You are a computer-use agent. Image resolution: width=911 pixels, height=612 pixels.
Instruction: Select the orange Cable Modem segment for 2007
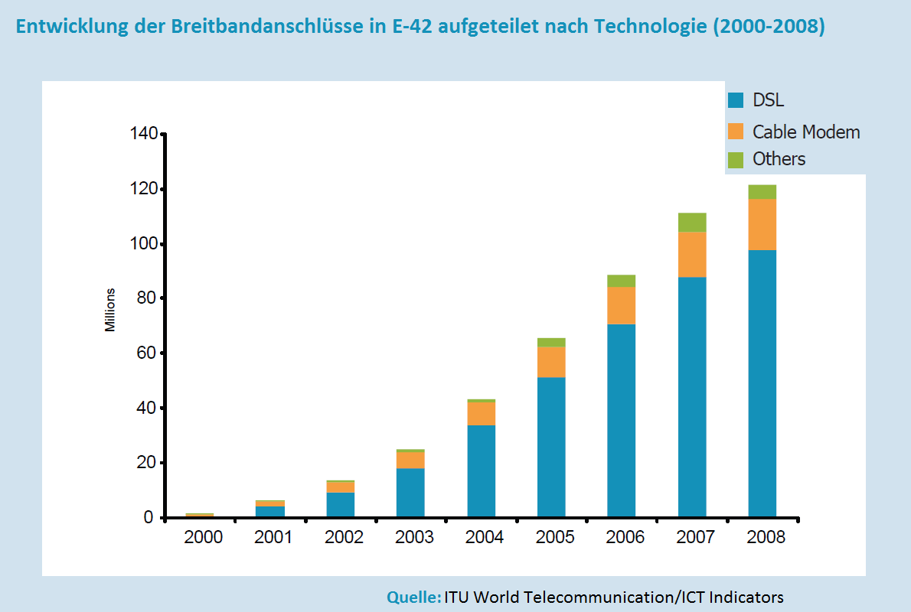click(692, 254)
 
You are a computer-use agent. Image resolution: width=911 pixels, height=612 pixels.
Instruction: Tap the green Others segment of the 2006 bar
click(621, 281)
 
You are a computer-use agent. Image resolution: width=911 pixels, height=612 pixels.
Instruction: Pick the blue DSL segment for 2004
click(481, 470)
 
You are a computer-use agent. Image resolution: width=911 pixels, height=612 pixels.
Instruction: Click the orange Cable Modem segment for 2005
click(551, 362)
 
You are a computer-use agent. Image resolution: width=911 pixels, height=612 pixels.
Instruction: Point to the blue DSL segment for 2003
click(410, 493)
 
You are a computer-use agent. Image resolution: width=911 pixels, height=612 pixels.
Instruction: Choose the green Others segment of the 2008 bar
click(762, 192)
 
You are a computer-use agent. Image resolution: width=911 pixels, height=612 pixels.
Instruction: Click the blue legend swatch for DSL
click(736, 100)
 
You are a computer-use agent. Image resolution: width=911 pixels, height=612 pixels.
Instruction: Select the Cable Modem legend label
click(806, 132)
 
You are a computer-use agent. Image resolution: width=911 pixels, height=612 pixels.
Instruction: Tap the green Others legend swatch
click(736, 159)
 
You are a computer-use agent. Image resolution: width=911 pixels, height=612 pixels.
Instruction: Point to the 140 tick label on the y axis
click(143, 135)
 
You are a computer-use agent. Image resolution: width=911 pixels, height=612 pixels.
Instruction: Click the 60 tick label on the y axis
click(147, 353)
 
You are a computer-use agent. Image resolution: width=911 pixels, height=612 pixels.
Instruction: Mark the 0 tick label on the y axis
click(151, 518)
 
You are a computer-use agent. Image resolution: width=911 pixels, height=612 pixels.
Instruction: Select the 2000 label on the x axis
click(204, 537)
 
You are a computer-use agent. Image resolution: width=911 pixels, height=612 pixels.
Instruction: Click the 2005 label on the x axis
click(555, 537)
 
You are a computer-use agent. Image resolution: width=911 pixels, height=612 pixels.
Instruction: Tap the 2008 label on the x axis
click(766, 537)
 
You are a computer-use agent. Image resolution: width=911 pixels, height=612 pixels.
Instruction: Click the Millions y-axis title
click(110, 310)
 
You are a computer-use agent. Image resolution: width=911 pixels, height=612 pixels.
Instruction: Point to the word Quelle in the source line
click(413, 597)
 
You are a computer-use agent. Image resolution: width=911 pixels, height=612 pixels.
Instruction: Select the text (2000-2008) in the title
click(768, 28)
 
